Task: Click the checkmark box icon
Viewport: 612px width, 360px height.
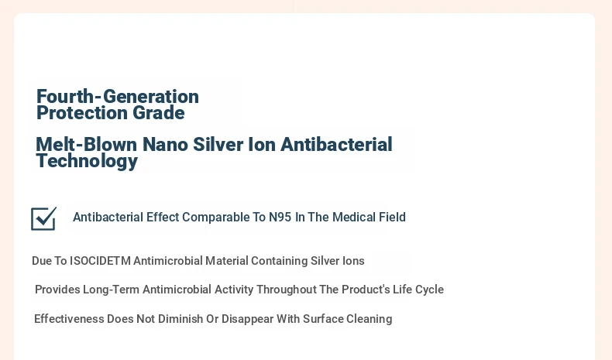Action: point(43,218)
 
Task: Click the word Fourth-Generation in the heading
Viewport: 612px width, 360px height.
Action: point(118,96)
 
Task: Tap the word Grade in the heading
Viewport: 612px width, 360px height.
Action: point(159,113)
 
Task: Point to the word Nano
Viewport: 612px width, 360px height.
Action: point(165,144)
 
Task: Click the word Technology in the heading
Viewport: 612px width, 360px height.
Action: point(87,161)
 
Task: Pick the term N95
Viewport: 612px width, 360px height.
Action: point(280,217)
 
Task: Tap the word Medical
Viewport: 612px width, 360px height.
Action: point(350,217)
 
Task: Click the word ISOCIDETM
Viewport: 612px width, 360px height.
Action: point(100,261)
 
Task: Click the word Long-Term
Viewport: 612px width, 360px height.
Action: point(112,290)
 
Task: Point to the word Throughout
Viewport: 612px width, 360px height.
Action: point(286,290)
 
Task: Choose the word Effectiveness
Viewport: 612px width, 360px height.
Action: point(69,319)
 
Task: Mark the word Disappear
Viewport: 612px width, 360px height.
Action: point(247,319)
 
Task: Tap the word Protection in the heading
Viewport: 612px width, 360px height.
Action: point(81,113)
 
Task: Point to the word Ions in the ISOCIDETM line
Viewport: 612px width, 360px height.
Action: point(353,261)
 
